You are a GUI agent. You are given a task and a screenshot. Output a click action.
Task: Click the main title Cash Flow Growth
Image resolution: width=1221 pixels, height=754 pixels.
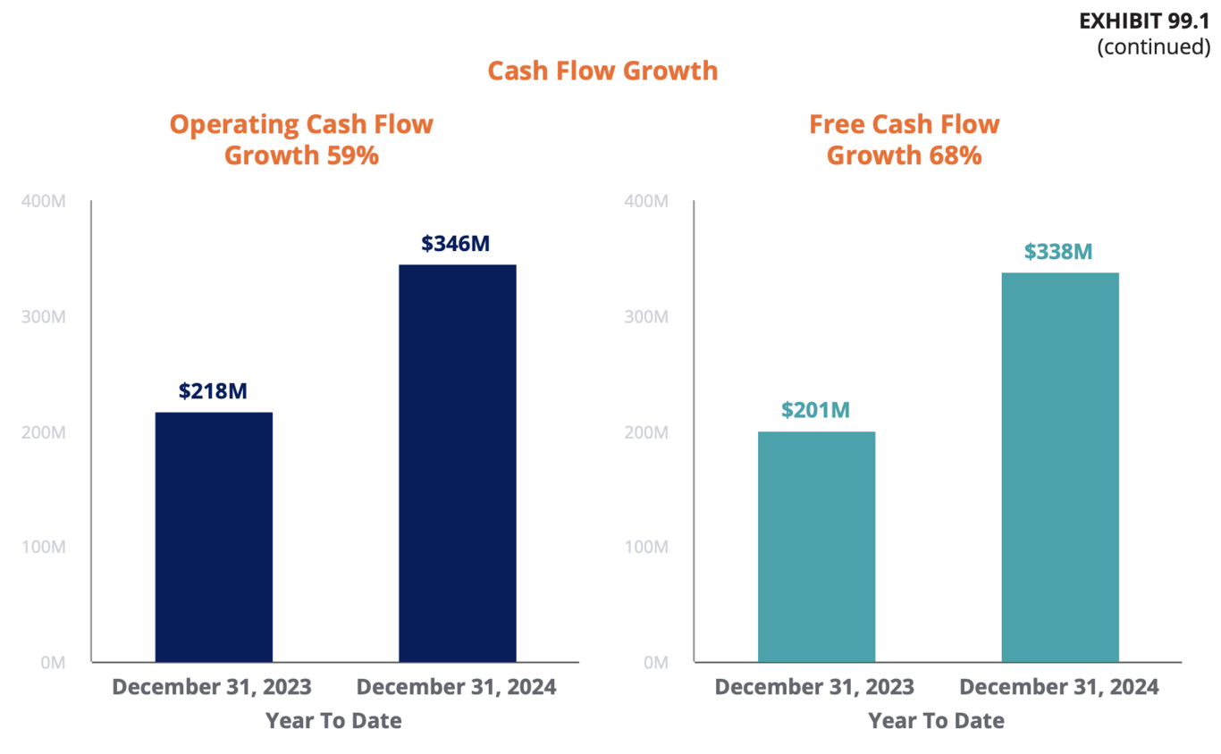tap(602, 71)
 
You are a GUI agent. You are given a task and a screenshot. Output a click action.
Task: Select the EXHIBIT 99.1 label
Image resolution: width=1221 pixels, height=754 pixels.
tap(1144, 21)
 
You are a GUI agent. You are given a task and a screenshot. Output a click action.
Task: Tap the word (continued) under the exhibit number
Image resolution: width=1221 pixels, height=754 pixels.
tap(1153, 46)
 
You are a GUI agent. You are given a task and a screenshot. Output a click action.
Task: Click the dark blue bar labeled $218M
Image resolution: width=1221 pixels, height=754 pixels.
tap(214, 536)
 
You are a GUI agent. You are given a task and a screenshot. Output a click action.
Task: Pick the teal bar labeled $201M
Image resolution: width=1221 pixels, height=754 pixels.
tap(816, 546)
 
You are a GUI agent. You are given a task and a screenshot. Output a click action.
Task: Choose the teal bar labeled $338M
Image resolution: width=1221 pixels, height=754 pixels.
tap(1059, 466)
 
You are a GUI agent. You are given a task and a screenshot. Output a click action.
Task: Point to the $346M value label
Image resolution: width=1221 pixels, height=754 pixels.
tap(456, 243)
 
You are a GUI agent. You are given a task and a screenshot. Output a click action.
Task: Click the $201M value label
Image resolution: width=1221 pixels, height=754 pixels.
tap(815, 410)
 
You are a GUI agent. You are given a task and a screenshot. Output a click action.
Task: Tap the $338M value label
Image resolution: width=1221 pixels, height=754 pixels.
tap(1058, 252)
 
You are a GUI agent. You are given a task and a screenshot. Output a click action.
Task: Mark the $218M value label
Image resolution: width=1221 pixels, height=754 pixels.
tap(213, 391)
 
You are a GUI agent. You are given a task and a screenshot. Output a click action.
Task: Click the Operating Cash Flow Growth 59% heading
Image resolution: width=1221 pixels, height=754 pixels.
tap(301, 139)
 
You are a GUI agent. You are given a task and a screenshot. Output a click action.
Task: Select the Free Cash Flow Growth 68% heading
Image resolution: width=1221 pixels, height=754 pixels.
tap(904, 139)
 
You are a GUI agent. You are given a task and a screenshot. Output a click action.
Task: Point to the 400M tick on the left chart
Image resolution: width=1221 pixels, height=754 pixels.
tap(42, 202)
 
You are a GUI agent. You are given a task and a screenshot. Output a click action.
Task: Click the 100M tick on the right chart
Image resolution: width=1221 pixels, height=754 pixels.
tap(645, 547)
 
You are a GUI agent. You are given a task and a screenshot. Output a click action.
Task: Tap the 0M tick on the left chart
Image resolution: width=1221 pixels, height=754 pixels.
tap(52, 663)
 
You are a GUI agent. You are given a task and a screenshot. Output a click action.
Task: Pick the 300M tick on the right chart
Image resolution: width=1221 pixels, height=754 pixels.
tap(645, 317)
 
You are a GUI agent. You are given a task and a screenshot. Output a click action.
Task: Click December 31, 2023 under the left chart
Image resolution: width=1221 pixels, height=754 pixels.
tap(212, 688)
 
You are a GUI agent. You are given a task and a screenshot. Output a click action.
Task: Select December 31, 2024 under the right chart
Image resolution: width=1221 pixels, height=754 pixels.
tap(1059, 688)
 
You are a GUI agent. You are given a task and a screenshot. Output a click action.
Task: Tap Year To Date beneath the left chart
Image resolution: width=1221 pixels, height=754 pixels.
tap(333, 721)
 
